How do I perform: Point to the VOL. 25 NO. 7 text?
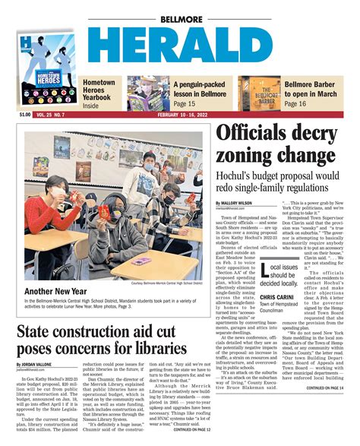point(52,115)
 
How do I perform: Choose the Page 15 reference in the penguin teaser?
point(185,103)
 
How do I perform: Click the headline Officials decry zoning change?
point(276,148)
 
